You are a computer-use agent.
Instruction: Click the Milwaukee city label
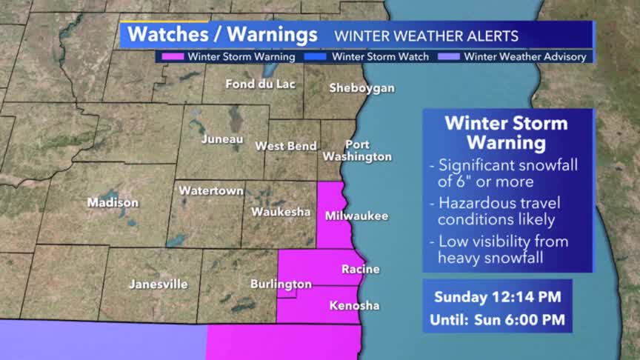tap(356, 216)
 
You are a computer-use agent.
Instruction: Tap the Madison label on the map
tap(113, 202)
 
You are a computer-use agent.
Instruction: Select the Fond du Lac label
tap(260, 84)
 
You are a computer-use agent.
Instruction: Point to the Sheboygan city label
tap(361, 88)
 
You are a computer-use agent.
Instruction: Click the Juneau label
tap(222, 139)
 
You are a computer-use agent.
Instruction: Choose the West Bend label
tap(286, 146)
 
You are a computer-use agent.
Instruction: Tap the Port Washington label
tap(357, 150)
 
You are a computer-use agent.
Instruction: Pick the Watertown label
tap(211, 190)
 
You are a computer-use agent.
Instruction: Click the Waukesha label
tap(280, 211)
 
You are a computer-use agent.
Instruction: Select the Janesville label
tap(158, 284)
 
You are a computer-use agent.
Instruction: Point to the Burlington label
tap(281, 284)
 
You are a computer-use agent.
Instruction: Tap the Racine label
tap(360, 269)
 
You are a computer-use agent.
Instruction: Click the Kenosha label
tap(354, 305)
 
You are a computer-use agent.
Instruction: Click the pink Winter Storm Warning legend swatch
tap(179, 56)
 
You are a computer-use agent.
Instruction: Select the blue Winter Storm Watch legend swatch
tap(322, 56)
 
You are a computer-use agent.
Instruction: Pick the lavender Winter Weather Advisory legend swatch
tap(454, 56)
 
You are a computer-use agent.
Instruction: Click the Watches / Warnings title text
tap(222, 35)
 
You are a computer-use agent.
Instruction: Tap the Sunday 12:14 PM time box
tap(497, 297)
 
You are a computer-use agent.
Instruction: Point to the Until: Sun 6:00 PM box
tap(497, 321)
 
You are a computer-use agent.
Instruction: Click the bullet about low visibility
tap(502, 249)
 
